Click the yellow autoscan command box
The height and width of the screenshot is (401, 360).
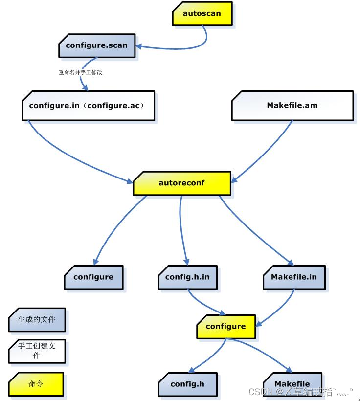[x=202, y=14]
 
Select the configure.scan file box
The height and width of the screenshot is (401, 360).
[x=96, y=45]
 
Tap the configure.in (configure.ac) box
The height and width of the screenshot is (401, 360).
[x=88, y=105]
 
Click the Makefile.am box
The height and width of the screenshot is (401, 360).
[x=292, y=105]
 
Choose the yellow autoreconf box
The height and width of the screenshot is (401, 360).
[x=182, y=183]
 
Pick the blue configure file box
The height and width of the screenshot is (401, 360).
[x=93, y=277]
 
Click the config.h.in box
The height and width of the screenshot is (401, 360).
[x=187, y=277]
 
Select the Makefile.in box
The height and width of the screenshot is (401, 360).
[x=294, y=277]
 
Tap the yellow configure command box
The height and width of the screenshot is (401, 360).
[x=225, y=326]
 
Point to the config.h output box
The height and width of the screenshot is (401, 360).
[x=188, y=384]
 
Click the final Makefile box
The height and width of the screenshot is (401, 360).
[x=292, y=384]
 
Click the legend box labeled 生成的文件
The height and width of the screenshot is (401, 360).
[x=37, y=320]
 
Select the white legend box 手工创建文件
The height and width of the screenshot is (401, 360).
[x=37, y=351]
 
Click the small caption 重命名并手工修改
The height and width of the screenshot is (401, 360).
[x=81, y=72]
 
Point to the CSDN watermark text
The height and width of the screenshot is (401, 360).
[x=299, y=392]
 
